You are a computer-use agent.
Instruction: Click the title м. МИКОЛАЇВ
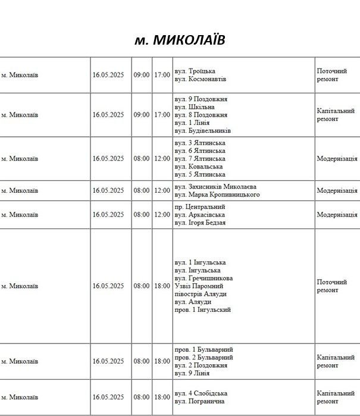(180, 40)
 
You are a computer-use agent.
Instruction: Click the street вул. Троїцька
(195, 71)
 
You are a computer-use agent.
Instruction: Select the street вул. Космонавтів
(201, 79)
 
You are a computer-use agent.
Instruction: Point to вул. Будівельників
(203, 130)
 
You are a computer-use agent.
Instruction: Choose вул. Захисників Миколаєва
(215, 186)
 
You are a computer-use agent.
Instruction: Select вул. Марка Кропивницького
(217, 195)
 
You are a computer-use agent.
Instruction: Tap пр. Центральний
(200, 207)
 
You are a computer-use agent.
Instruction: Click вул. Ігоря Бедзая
(200, 223)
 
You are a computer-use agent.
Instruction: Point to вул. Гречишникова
(204, 278)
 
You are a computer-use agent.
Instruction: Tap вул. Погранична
(200, 402)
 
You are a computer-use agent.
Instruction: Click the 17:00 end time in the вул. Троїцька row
(162, 75)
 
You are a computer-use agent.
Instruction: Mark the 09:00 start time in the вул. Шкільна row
(142, 115)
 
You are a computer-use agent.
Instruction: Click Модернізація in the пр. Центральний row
(337, 215)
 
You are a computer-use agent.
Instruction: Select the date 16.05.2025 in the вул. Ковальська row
(108, 159)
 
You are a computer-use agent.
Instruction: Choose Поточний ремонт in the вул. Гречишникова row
(331, 286)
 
